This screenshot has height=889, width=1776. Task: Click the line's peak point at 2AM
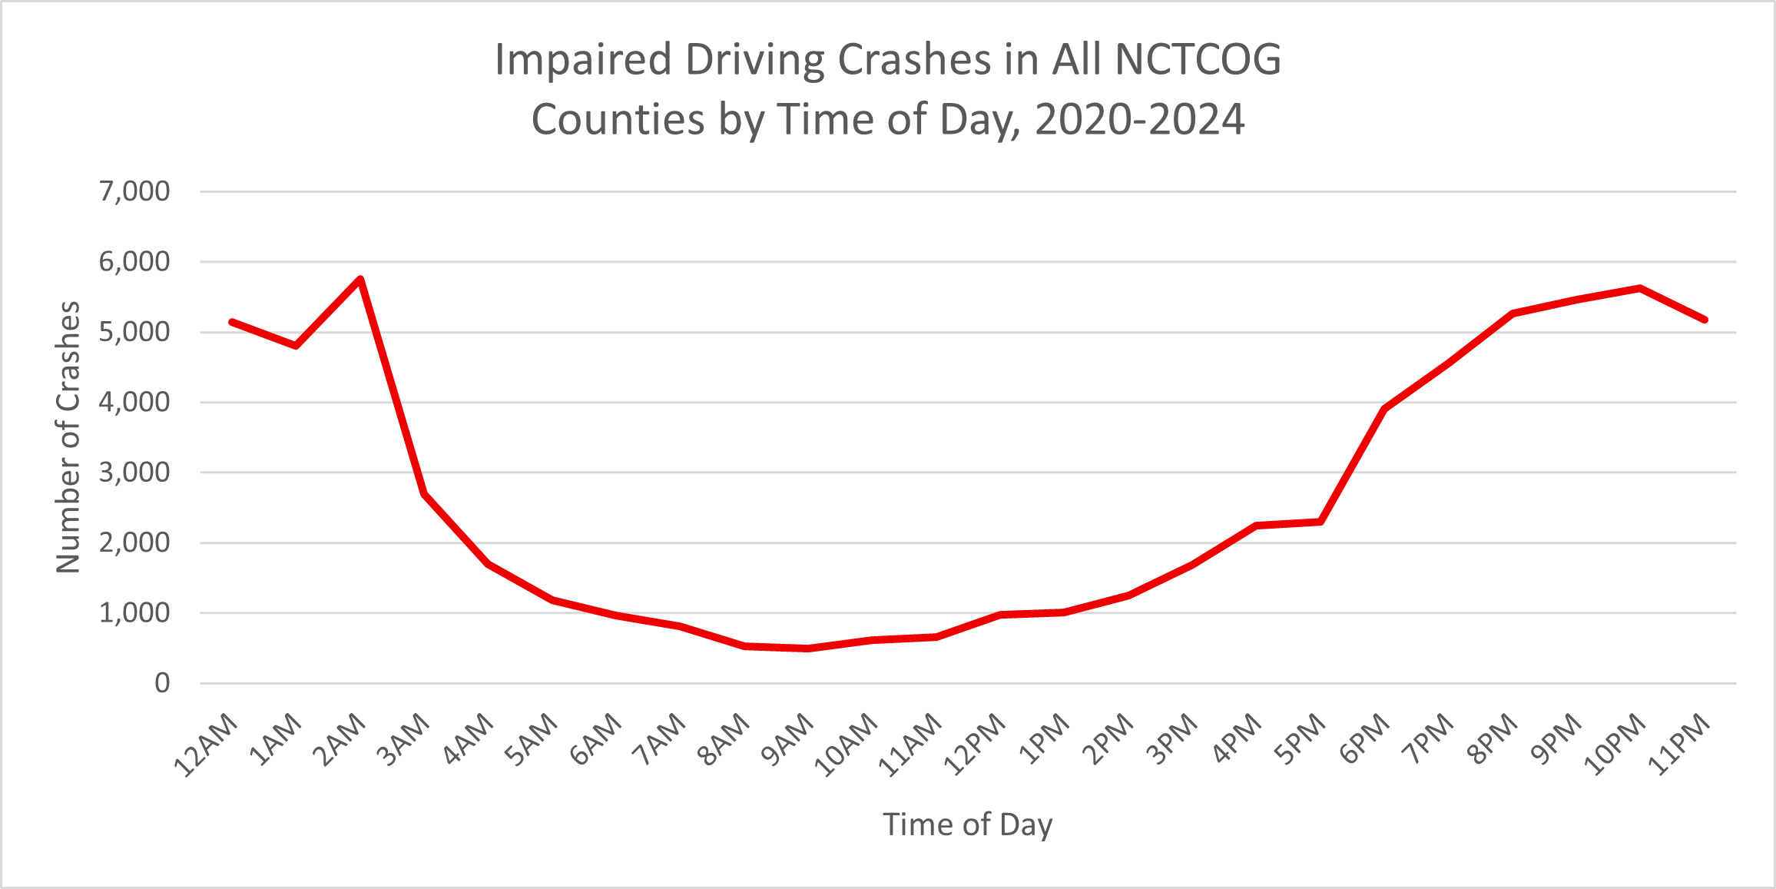[360, 279]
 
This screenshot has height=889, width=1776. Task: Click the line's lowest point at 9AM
[807, 649]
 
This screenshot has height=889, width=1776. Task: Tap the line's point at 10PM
[1640, 288]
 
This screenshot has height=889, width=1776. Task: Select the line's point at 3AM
[424, 494]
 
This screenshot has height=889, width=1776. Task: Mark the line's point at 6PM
[1384, 409]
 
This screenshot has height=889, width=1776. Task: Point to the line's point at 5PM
[1320, 522]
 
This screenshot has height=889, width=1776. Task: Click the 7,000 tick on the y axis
[134, 191]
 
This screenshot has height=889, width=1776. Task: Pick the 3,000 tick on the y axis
[134, 473]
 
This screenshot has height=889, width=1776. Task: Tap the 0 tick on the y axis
[162, 683]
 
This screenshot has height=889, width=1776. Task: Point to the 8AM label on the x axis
[722, 740]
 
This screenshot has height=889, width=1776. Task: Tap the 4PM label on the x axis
[1235, 740]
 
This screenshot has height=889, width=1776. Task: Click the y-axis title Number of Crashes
[68, 437]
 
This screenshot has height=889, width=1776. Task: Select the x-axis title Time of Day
[967, 824]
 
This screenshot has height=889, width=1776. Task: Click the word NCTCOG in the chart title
[1198, 59]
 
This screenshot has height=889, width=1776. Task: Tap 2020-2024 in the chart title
[1139, 120]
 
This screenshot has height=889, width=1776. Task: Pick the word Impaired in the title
[583, 59]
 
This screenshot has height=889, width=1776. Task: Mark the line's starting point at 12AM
[232, 321]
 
